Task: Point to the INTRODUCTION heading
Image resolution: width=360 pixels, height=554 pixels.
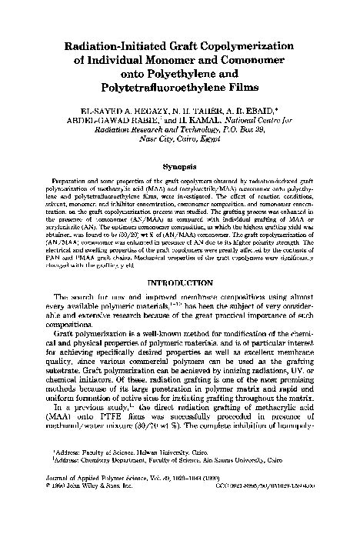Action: [x=179, y=282]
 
